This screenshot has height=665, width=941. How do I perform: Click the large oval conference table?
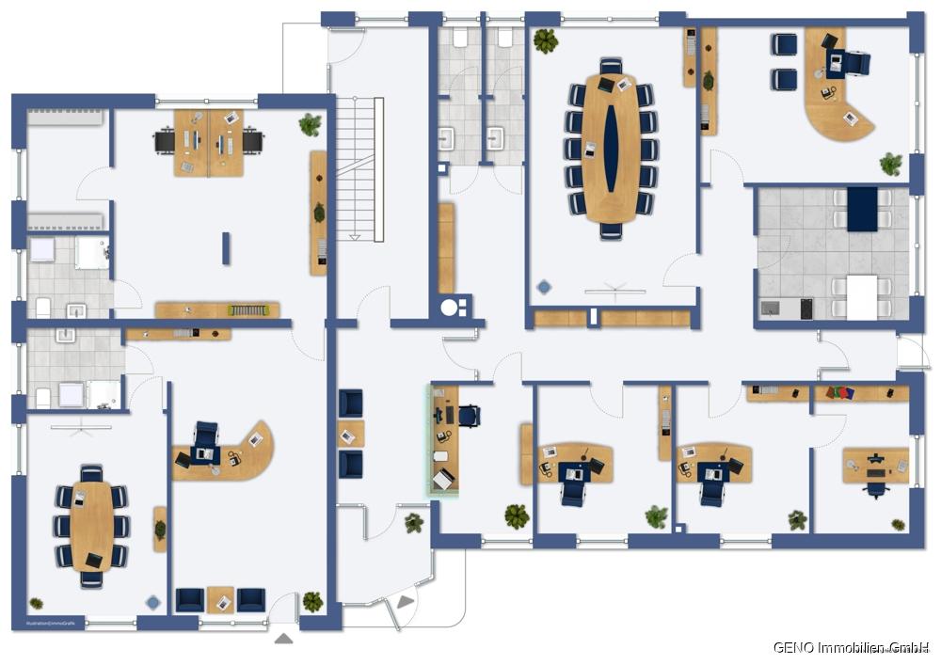611,149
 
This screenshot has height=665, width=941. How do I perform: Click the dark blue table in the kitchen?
861,208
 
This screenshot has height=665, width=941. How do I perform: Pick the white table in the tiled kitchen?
861,297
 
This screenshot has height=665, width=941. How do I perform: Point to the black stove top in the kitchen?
806,308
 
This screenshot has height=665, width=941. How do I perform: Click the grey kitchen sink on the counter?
771,308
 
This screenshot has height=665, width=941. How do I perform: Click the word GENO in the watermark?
792,647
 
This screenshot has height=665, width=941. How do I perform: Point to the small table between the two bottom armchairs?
220,599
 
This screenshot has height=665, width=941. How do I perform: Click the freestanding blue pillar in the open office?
226,247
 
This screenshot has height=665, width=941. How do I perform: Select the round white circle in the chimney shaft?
450,307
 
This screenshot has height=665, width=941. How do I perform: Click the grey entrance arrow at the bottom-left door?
284,639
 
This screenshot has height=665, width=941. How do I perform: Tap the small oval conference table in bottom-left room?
91,525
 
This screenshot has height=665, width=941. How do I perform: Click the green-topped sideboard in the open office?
217,309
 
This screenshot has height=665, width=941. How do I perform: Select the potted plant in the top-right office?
890,164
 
